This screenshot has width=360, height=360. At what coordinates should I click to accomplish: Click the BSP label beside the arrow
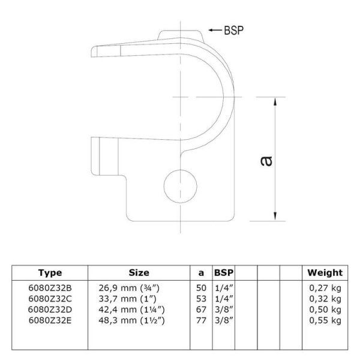234,31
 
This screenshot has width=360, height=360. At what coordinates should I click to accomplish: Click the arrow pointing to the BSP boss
215,30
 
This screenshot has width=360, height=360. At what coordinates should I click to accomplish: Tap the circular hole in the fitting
181,186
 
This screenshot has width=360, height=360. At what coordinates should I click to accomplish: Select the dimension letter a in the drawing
266,161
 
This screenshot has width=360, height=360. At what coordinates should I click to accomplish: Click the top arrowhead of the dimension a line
275,101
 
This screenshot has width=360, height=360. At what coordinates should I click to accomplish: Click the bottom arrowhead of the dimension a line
275,217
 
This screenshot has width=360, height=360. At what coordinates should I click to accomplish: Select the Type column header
50,273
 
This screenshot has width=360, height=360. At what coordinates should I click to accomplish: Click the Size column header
139,272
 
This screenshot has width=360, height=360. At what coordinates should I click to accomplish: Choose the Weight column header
325,273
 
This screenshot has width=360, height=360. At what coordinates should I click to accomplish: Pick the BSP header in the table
224,272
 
